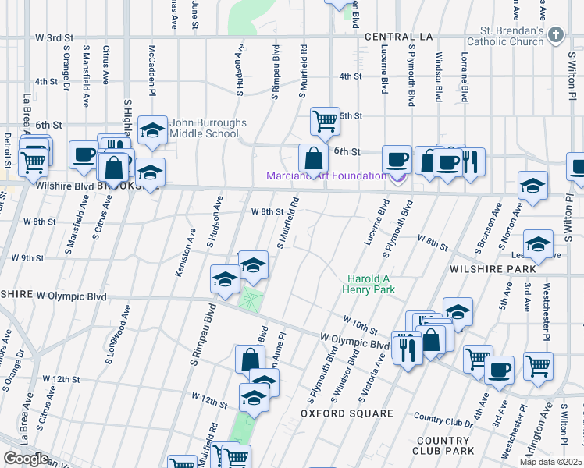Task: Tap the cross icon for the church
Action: [x=555, y=34]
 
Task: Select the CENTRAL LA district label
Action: [x=398, y=37]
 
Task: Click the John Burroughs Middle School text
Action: [x=208, y=129]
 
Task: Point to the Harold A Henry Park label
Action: [x=369, y=284]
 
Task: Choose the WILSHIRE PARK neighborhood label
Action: [x=492, y=268]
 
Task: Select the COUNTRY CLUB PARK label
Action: [x=448, y=446]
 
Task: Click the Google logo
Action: [x=26, y=459]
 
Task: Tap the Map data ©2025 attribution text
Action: [x=550, y=462]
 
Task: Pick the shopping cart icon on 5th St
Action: [x=325, y=121]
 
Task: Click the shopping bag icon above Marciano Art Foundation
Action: [x=313, y=158]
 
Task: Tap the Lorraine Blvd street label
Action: [x=464, y=78]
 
